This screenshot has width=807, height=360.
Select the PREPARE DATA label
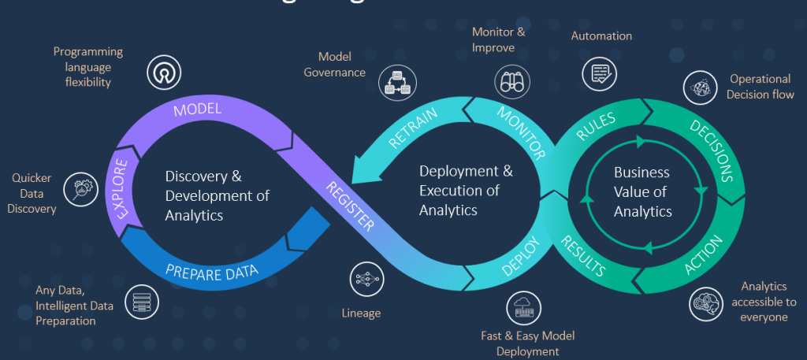point(212,273)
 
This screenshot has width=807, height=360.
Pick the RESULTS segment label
point(583,254)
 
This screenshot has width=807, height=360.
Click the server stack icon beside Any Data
point(142,301)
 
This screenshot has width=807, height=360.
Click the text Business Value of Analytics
point(642,191)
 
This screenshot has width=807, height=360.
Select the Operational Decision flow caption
point(759,87)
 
